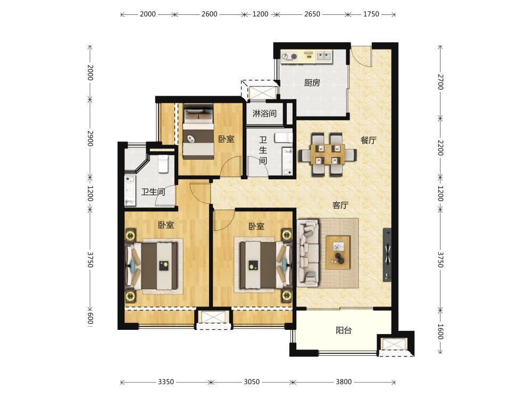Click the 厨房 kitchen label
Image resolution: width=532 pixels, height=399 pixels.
312,82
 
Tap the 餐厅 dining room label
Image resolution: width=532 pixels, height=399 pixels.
369,140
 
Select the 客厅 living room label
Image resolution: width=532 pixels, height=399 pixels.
340,205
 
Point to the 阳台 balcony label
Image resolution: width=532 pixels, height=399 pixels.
344,330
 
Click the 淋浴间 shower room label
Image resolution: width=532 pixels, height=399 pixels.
264,113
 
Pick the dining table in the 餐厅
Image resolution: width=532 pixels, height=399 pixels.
327,154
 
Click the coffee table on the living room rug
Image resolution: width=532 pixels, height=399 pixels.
338,252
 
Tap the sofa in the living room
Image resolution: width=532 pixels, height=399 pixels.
308,252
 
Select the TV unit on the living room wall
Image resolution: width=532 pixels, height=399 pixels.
387,254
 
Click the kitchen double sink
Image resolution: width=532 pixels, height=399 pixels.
323,56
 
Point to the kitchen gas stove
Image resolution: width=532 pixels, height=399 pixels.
289,56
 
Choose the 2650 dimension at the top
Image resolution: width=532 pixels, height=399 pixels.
312,14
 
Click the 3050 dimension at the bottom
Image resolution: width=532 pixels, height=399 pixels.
252,382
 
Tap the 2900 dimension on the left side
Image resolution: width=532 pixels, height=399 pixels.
90,138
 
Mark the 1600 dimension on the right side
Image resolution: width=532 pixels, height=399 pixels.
440,332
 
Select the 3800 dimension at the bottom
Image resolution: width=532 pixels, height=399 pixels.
344,382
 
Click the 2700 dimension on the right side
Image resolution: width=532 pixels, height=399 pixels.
440,82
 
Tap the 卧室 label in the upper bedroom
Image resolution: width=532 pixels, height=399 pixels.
226,139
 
